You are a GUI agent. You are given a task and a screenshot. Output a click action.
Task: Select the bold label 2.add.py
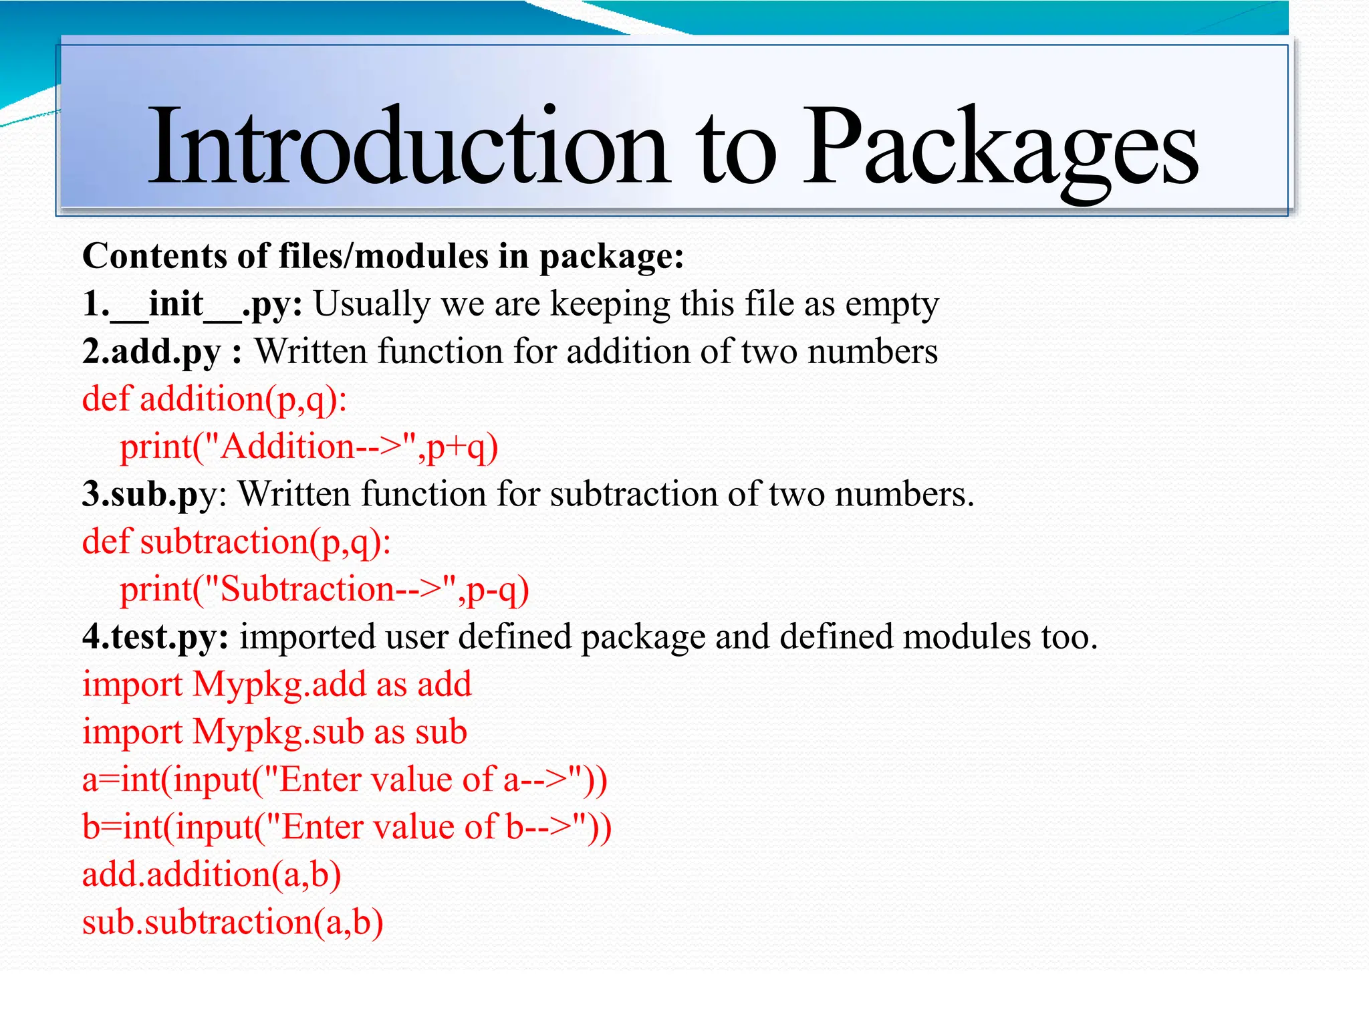coord(152,352)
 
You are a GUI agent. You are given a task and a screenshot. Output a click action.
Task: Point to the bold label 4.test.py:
coord(156,637)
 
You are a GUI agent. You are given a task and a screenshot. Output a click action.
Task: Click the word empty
coord(892,305)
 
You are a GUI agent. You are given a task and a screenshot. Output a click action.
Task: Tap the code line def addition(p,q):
coord(215,400)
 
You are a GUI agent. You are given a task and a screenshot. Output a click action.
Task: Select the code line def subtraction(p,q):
coord(237,542)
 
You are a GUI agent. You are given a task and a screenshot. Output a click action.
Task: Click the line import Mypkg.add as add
coord(277,685)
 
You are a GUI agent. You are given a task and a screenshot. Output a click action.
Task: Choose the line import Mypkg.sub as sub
coord(274,732)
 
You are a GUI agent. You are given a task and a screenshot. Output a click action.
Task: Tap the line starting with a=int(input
coord(344,780)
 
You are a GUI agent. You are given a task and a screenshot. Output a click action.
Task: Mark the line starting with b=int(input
coord(346,828)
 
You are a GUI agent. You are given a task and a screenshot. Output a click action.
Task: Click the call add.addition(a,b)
coord(211,875)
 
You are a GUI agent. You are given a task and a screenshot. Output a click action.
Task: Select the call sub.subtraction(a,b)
coord(233,923)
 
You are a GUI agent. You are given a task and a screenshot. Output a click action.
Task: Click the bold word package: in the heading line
coord(611,257)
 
